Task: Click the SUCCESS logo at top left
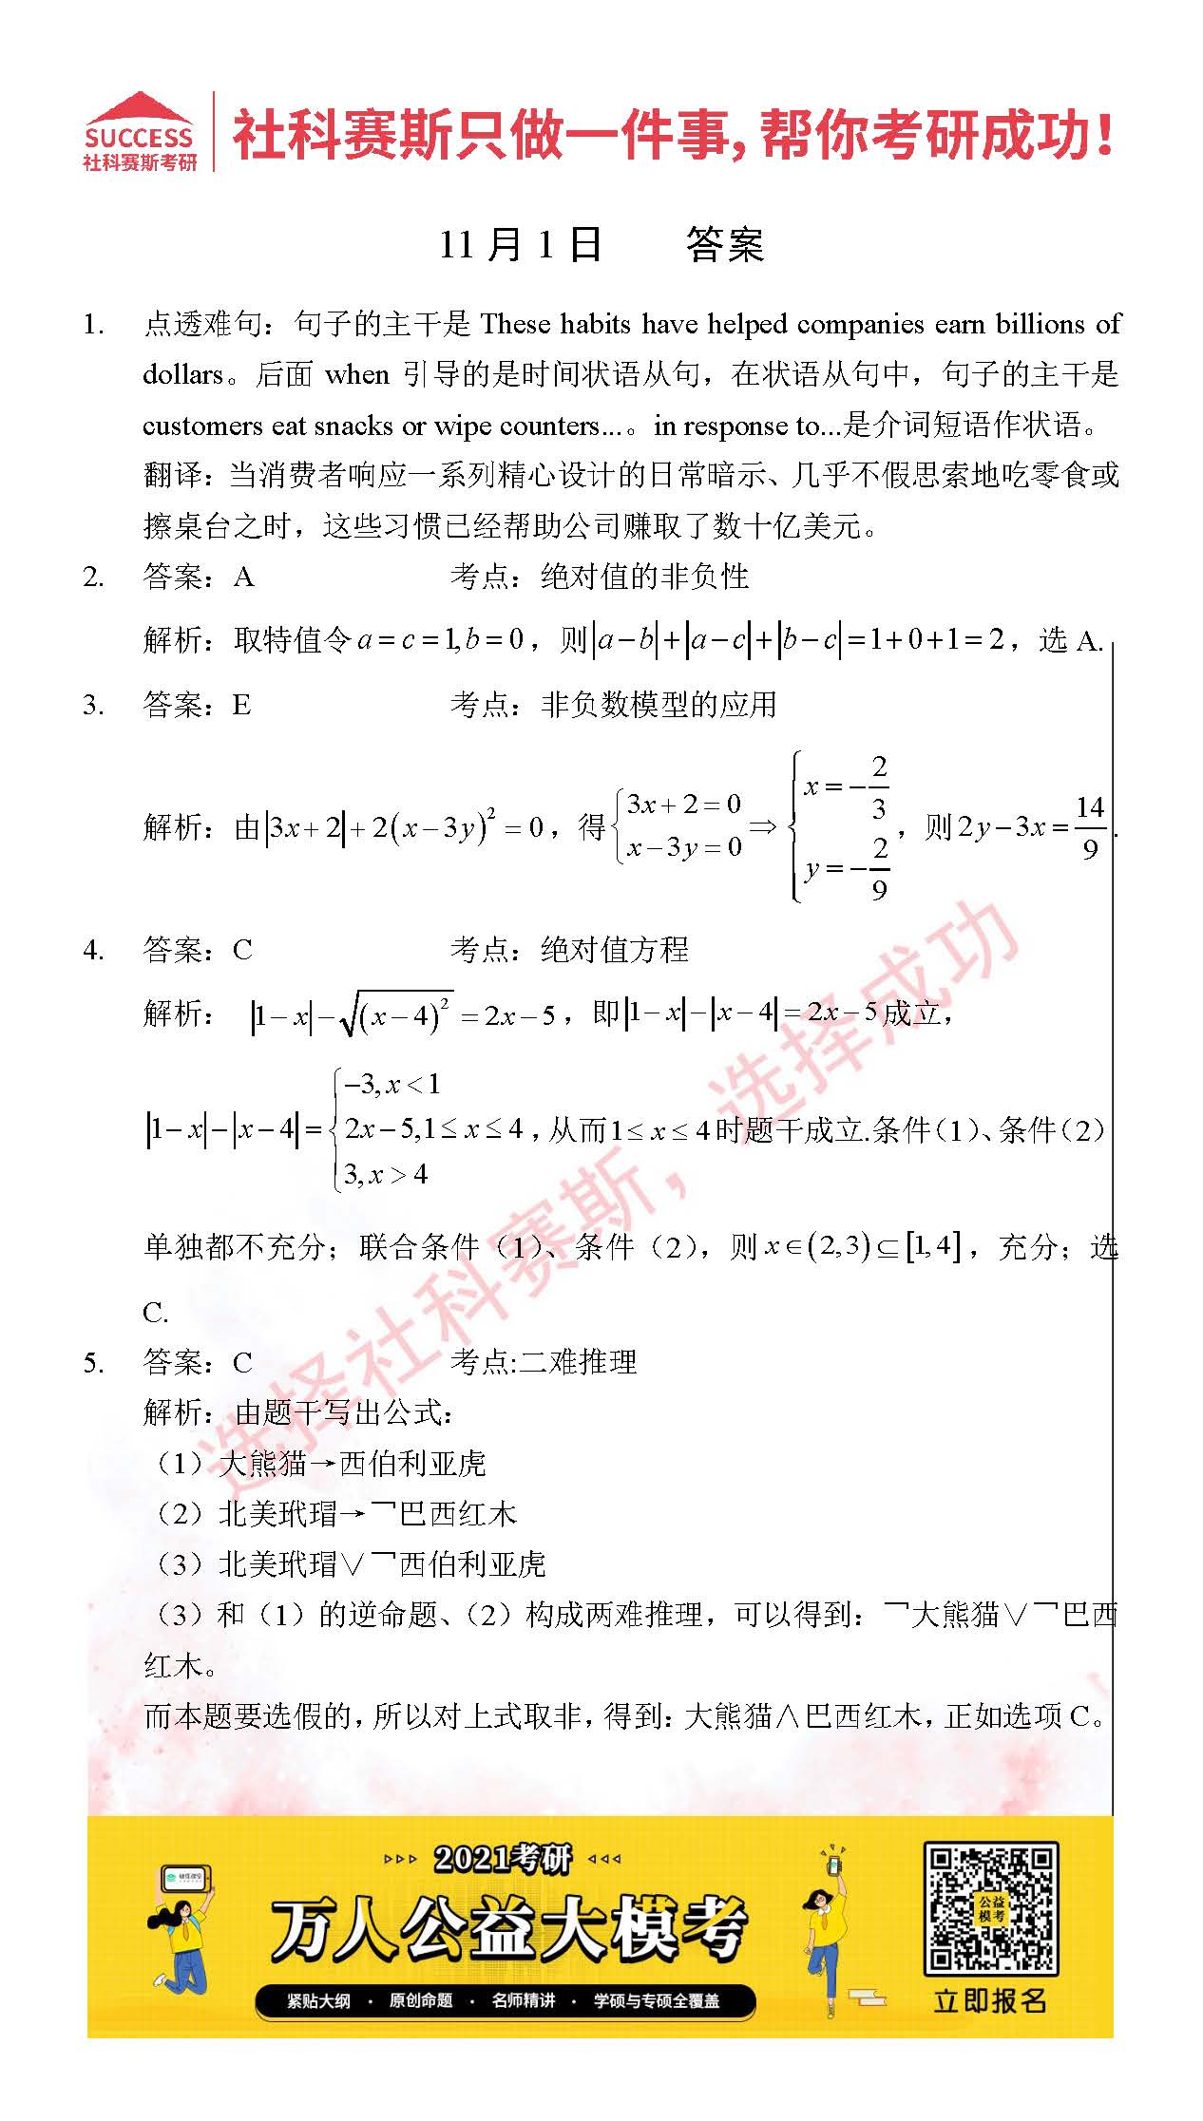pos(140,133)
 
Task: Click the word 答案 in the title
pos(724,245)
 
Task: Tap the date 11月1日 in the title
pos(520,245)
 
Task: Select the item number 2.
pos(93,577)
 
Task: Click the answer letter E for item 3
pos(241,705)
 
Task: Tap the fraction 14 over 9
pos(1090,827)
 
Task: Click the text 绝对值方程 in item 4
pos(614,949)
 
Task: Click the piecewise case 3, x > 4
pos(386,1175)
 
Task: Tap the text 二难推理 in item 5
pos(578,1362)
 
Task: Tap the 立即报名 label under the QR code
pos(990,2000)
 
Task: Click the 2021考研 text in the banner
pos(504,1858)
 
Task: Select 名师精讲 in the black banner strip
pos(523,2000)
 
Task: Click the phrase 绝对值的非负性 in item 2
pos(644,577)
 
